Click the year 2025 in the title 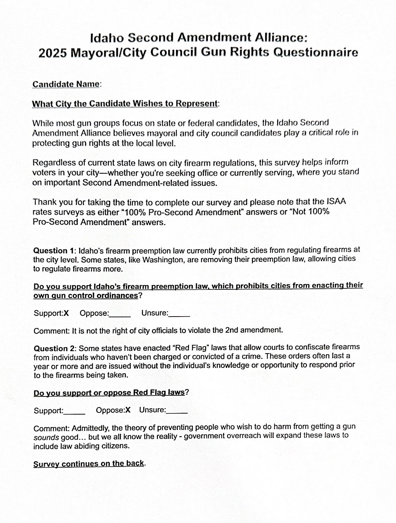pyautogui.click(x=52, y=53)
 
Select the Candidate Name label pyautogui.click(x=66, y=84)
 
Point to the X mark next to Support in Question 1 pyautogui.click(x=66, y=313)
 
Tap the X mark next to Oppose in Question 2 pyautogui.click(x=128, y=410)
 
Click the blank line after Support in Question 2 pyautogui.click(x=74, y=412)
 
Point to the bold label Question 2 pyautogui.click(x=55, y=348)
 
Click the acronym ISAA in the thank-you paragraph pyautogui.click(x=336, y=202)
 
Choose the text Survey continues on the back pyautogui.click(x=89, y=464)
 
